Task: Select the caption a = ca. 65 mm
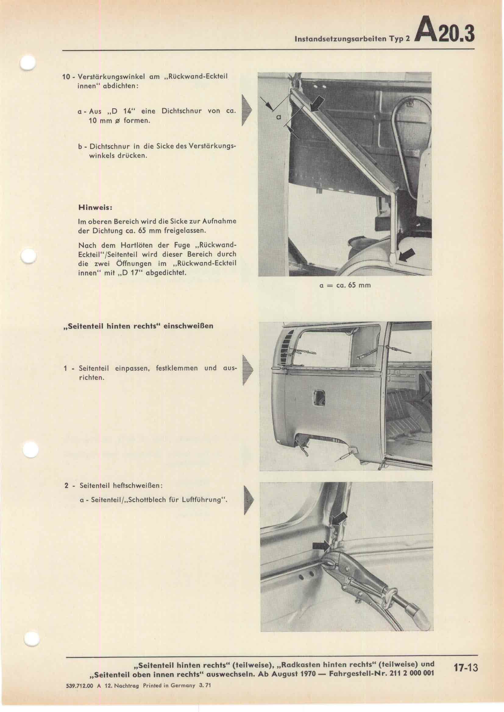[345, 285]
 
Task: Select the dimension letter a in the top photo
[279, 117]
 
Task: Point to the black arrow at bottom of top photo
[406, 255]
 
